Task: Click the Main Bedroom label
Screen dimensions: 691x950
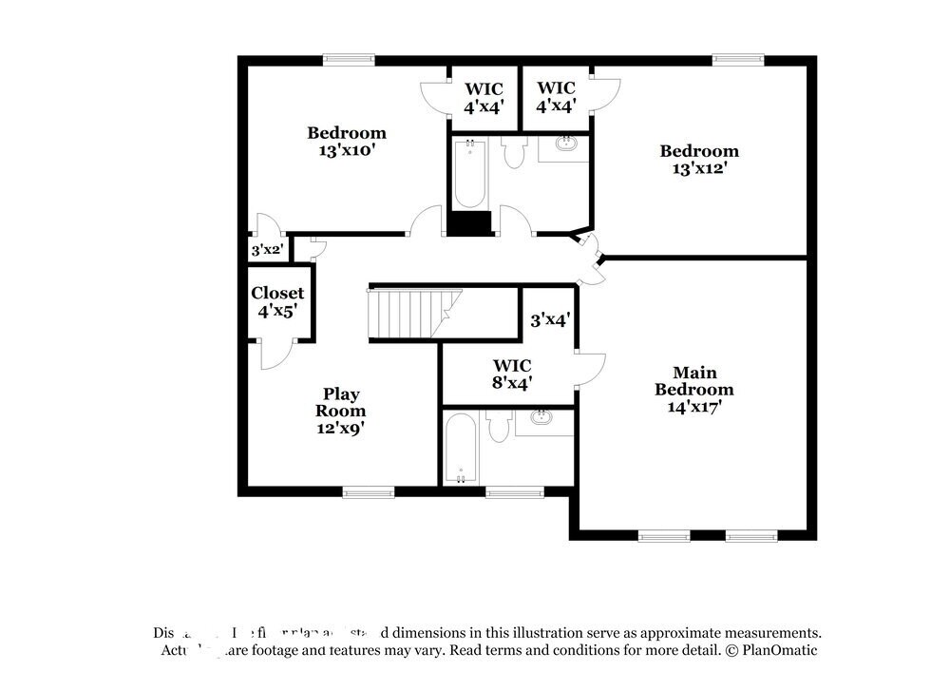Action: [694, 381]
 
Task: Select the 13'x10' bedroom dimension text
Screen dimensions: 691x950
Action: [346, 150]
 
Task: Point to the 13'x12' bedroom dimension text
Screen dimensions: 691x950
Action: [699, 168]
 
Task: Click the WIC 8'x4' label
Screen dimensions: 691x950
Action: [511, 374]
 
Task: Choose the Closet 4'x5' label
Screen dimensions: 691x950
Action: [277, 301]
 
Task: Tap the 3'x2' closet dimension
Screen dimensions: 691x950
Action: [266, 251]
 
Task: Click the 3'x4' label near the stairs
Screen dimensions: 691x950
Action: [548, 320]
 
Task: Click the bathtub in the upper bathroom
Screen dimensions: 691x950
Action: [469, 174]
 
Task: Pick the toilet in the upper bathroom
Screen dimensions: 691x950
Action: [514, 152]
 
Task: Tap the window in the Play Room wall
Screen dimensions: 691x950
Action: [368, 491]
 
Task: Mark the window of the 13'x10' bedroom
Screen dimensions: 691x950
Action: [348, 60]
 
